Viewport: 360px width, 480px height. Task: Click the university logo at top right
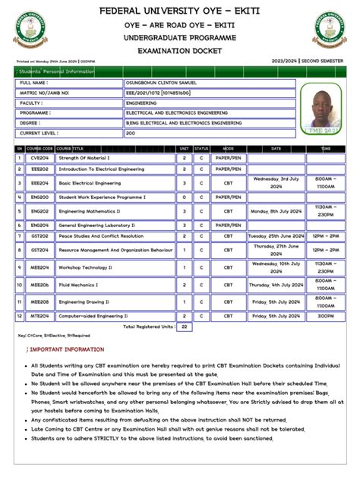(x=330, y=30)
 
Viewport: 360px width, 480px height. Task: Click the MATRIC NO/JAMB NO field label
(x=45, y=92)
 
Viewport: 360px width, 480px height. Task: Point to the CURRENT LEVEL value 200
(x=131, y=132)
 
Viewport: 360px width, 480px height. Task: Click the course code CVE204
(x=39, y=158)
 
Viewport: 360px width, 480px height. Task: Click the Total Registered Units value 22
(x=183, y=327)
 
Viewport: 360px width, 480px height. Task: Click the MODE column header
(x=228, y=148)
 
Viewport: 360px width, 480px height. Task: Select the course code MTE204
(x=39, y=314)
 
